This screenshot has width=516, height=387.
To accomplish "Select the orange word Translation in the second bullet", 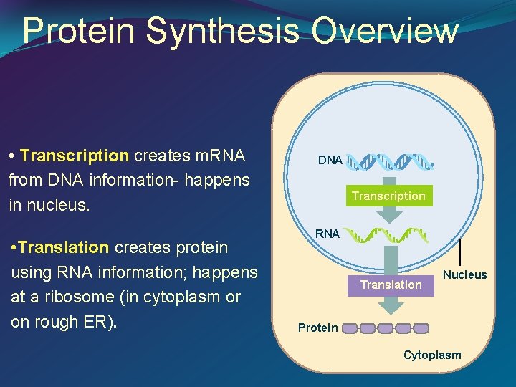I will (64, 247).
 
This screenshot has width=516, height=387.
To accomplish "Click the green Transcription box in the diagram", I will (388, 196).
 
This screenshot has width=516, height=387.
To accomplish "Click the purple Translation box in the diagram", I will (391, 285).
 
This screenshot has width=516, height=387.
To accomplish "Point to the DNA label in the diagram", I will (330, 161).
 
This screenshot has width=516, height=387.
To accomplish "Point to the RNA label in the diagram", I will (328, 234).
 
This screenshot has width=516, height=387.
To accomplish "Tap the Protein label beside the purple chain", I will (317, 328).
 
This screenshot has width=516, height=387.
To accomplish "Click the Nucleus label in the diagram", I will (464, 274).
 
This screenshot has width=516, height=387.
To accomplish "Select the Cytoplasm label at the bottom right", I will (432, 355).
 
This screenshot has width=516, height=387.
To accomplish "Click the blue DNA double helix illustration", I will (391, 161).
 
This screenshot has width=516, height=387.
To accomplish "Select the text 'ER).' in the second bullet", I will (101, 322).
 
